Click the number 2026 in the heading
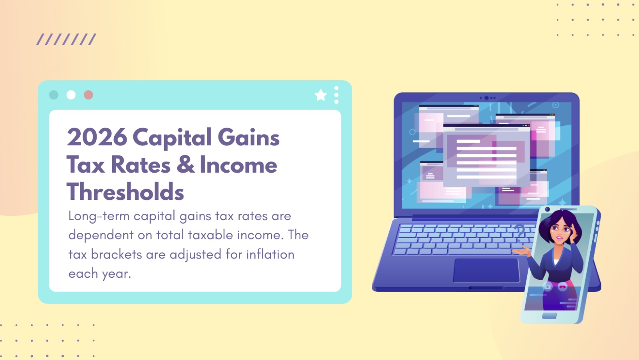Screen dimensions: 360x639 [x=97, y=137]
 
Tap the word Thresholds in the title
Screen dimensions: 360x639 [x=125, y=192]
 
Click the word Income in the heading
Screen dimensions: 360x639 [x=238, y=165]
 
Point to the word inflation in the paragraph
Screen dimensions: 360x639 [x=270, y=255]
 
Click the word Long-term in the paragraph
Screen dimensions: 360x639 [x=99, y=216]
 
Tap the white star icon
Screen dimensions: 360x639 [x=321, y=95]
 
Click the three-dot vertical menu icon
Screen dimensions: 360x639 [x=336, y=95]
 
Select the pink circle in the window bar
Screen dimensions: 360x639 [x=88, y=95]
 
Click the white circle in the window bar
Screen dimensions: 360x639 [x=71, y=95]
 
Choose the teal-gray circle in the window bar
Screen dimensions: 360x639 [x=54, y=95]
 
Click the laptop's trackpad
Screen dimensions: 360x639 [x=486, y=270]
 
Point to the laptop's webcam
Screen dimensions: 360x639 [x=486, y=98]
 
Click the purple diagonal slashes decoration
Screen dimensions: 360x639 [x=66, y=39]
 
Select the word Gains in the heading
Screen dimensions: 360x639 [x=248, y=137]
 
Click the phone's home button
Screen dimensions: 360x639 [x=549, y=316]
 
